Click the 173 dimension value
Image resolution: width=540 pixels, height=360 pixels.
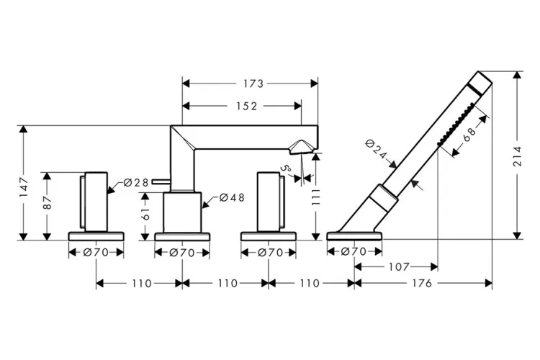pos(253,84)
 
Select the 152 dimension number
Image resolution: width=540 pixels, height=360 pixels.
pos(246,106)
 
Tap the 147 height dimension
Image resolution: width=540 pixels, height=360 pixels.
pos(24,187)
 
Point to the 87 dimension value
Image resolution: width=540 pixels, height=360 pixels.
pos(48,202)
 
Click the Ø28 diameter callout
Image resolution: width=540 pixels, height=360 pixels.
pos(136,182)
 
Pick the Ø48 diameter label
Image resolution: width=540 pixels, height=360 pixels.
pos(232,197)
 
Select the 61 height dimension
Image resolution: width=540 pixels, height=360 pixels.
pos(145,215)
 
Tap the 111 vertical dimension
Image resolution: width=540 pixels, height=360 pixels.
pos(315,197)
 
